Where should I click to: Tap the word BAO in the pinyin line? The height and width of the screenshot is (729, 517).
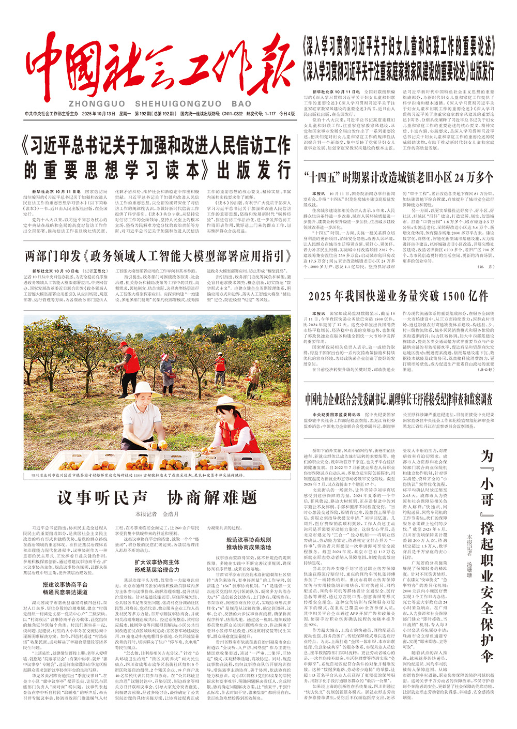point(241,104)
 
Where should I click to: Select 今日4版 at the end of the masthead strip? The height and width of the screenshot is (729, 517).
point(287,114)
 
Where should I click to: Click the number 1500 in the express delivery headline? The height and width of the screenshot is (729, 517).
point(447,296)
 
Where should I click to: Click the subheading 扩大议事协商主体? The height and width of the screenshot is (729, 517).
point(157,562)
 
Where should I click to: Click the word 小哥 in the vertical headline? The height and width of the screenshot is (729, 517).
point(487,493)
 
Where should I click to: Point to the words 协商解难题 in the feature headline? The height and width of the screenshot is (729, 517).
point(212,497)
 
